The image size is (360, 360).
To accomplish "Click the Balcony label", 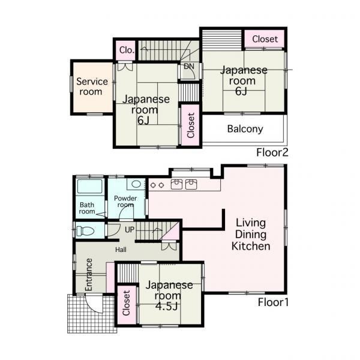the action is click(245, 129).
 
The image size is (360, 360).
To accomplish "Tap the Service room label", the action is click(92, 86).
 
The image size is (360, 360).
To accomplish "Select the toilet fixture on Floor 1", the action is click(85, 231).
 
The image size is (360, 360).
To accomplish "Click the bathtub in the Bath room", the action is click(90, 186).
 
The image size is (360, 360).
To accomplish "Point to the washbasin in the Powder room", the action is click(136, 184).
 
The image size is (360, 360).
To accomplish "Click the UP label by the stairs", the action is click(130, 229).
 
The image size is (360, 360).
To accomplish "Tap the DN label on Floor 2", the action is click(189, 67).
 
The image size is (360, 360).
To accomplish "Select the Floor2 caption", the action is click(272, 152).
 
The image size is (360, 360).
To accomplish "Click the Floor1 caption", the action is click(273, 302).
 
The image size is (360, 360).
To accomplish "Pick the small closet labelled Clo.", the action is click(127, 50).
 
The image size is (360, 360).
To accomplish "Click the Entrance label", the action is click(89, 275).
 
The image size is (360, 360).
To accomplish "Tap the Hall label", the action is click(121, 250).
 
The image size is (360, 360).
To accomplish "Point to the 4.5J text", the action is click(167, 306).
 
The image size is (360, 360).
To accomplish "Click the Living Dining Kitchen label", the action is click(251, 235).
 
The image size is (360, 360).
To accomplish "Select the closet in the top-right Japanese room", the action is click(265, 39).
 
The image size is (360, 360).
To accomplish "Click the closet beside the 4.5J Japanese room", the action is click(127, 303).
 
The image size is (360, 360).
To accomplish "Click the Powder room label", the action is click(125, 202).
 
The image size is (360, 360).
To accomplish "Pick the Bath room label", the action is click(87, 208).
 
